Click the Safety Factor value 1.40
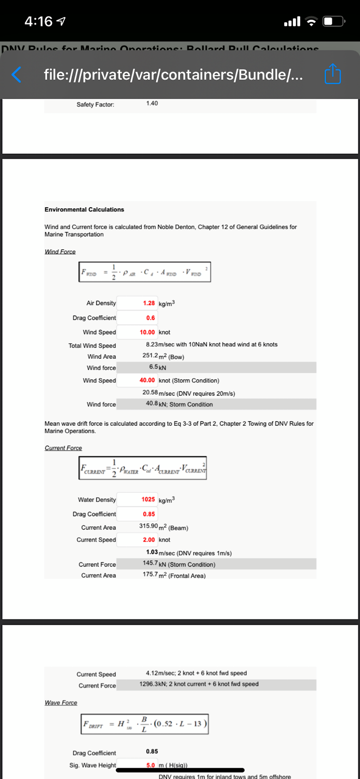(x=152, y=103)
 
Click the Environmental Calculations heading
(x=84, y=209)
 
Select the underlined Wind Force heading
(x=60, y=252)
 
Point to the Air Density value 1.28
(x=149, y=303)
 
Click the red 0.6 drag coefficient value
(x=151, y=318)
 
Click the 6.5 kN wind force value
(x=154, y=367)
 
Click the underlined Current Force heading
(x=63, y=448)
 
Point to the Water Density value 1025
(x=149, y=500)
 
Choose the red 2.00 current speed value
(x=149, y=540)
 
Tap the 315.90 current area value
(x=151, y=527)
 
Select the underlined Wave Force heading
(x=61, y=703)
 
